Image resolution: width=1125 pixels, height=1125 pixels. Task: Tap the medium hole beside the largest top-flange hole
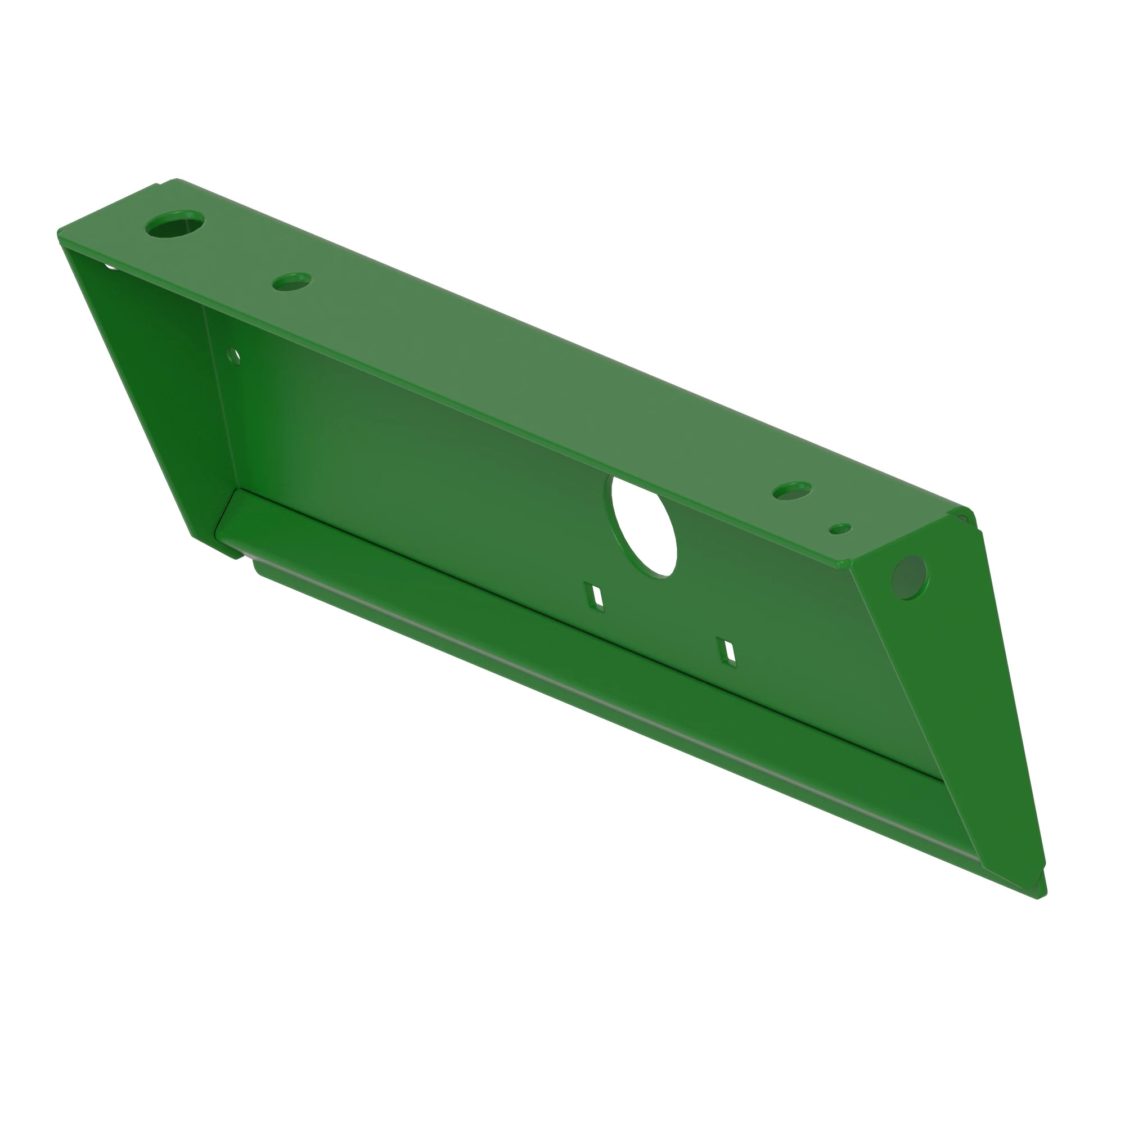[292, 282]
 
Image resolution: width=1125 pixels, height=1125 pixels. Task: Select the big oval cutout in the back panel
[645, 528]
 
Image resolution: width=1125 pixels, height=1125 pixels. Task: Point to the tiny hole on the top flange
[840, 529]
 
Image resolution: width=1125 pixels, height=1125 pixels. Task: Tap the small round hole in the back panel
[234, 354]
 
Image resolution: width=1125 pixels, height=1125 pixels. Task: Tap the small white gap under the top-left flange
[110, 267]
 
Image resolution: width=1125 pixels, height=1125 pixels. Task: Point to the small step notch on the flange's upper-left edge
[159, 186]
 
